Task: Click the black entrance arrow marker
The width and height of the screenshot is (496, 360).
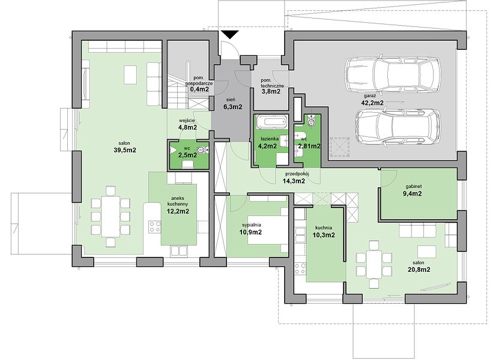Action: [x=230, y=35]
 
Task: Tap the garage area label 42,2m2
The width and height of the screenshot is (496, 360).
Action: [x=372, y=103]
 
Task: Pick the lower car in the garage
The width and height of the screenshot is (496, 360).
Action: [x=398, y=127]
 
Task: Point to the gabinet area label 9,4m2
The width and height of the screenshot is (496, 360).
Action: [x=412, y=194]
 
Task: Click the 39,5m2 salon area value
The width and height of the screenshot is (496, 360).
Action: [x=125, y=150]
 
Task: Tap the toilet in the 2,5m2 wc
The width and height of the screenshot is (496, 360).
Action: [x=202, y=150]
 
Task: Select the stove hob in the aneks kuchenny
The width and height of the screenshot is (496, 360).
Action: [x=155, y=227]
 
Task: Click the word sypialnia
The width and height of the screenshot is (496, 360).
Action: [x=252, y=225]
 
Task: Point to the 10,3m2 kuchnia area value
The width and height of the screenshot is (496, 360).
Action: [x=323, y=235]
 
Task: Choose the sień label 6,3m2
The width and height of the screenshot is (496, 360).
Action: [x=233, y=107]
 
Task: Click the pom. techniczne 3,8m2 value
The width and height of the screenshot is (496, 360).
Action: [x=270, y=92]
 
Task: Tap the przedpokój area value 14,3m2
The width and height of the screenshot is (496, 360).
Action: [x=294, y=181]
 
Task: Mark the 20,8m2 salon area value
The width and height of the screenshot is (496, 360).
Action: [x=419, y=269]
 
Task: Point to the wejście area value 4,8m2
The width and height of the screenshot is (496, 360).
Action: [x=187, y=128]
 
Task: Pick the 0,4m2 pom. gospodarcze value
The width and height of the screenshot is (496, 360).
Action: [x=199, y=89]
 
